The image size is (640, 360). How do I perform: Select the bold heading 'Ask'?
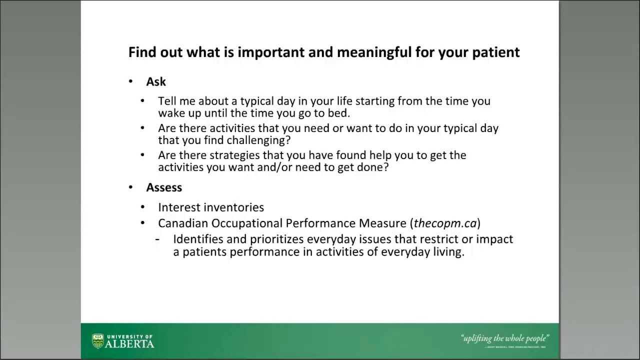tap(156, 81)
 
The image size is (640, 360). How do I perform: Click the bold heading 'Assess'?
tap(164, 187)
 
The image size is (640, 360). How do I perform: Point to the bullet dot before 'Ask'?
tap(131, 81)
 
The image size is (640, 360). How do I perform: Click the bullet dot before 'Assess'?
tap(131, 187)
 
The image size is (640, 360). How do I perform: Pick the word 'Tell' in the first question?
tap(166, 101)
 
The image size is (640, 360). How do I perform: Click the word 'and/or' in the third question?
tap(274, 167)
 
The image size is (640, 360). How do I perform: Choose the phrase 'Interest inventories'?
tap(211, 207)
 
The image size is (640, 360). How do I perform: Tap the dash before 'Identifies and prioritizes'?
tap(157, 239)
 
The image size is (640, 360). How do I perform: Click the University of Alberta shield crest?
tap(98, 341)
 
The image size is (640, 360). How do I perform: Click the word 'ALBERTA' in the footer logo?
tap(130, 344)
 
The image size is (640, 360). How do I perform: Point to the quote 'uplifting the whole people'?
tap(504, 338)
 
